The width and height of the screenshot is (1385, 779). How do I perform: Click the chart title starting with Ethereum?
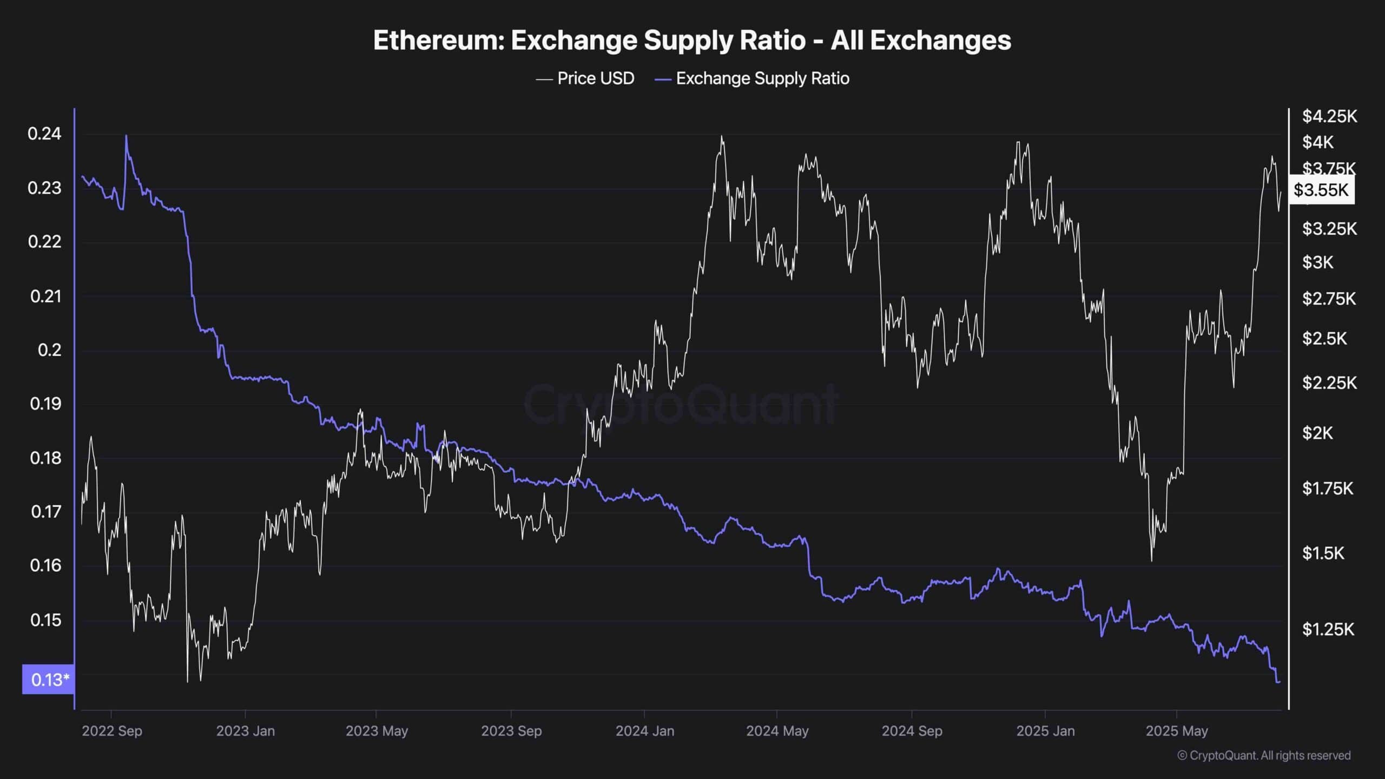pos(692,41)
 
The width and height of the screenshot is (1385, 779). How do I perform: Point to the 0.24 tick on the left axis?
pos(44,134)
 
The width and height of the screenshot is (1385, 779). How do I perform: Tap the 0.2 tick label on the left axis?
pos(49,350)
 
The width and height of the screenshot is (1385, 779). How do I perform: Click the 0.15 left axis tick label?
pos(45,620)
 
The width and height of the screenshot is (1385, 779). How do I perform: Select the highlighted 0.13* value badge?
pos(48,679)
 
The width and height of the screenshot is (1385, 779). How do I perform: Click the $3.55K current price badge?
pos(1321,190)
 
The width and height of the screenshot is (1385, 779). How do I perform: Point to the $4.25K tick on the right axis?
pos(1329,116)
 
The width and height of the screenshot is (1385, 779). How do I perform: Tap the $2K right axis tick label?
pos(1317,433)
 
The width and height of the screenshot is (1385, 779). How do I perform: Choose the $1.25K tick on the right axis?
pos(1328,629)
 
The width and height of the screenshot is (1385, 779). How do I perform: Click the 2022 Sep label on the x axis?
pos(112,731)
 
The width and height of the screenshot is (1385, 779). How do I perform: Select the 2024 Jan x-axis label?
pos(645,731)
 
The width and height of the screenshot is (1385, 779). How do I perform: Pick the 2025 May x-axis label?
pos(1177,731)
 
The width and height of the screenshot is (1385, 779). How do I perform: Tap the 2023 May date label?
pos(377,731)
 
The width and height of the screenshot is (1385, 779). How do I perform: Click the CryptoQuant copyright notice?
pos(1264,756)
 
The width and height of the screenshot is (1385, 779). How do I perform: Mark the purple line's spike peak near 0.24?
pos(126,136)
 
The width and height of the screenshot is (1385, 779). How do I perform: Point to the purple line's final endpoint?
pos(1280,682)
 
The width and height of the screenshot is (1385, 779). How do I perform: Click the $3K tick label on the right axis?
pos(1317,262)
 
